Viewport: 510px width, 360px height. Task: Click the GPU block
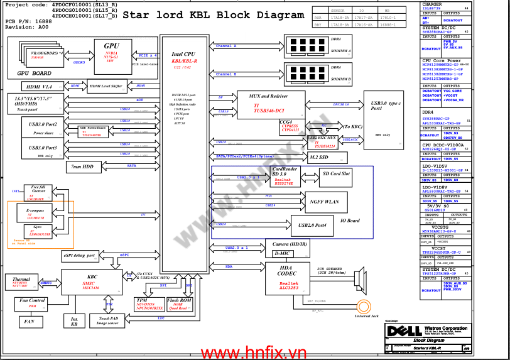coord(112,53)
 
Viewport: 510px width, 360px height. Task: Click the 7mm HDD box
coord(82,166)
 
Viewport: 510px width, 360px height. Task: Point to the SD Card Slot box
coord(336,173)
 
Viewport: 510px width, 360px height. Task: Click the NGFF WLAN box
coord(324,202)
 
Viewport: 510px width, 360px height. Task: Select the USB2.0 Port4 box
coord(312,225)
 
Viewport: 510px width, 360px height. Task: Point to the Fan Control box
coord(32,304)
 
